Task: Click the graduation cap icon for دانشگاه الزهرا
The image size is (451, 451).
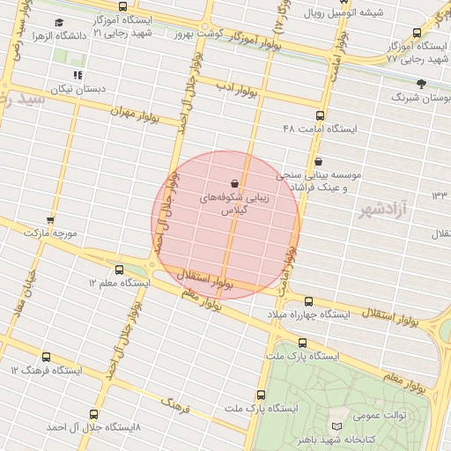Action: pyautogui.click(x=58, y=23)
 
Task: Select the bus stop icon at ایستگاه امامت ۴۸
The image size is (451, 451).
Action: pyautogui.click(x=319, y=115)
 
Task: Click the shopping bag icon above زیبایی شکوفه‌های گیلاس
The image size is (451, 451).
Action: pyautogui.click(x=233, y=183)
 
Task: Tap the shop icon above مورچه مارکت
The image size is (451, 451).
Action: pyautogui.click(x=50, y=220)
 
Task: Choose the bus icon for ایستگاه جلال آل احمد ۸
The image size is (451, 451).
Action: pyautogui.click(x=94, y=413)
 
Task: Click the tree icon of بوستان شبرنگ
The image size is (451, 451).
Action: pyautogui.click(x=421, y=84)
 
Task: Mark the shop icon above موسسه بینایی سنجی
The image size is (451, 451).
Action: pyautogui.click(x=318, y=161)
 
